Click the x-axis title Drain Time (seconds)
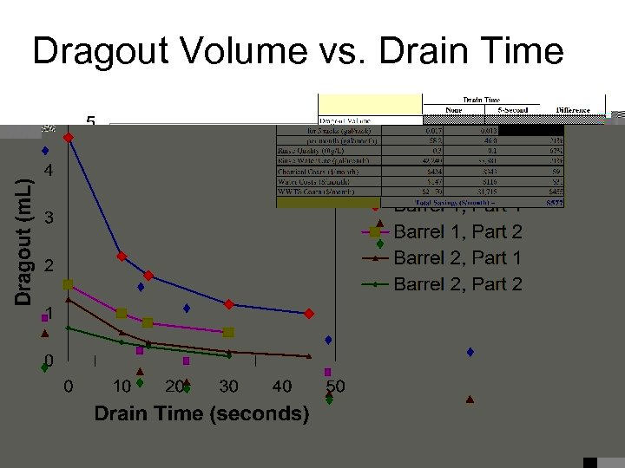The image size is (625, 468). point(201,413)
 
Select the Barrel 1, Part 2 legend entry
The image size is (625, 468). point(457,231)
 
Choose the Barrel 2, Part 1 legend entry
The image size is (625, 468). point(457,257)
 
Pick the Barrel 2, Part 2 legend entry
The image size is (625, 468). point(457,283)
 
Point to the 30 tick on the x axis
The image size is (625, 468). point(228,386)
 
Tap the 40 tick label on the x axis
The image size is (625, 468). point(282,386)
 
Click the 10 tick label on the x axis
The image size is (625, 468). point(122,386)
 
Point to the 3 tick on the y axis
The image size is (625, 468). point(49,218)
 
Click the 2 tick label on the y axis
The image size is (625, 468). point(49,265)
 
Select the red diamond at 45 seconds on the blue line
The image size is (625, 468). point(308,313)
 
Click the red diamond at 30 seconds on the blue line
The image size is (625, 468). point(228,304)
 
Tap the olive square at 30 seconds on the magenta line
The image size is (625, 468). point(228,332)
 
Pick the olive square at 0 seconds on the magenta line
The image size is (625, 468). point(69,284)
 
